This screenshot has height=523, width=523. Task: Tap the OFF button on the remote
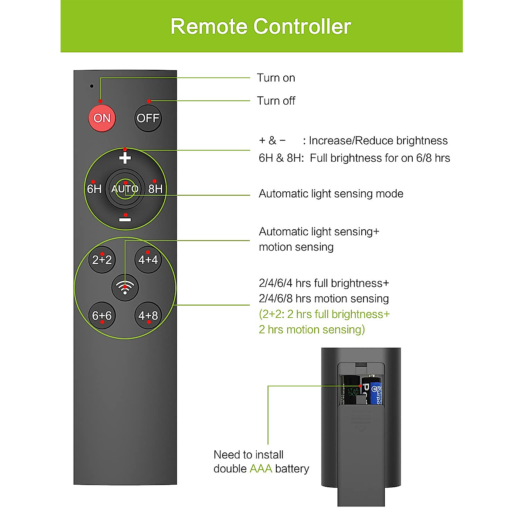[148, 118]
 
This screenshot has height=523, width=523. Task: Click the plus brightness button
[125, 158]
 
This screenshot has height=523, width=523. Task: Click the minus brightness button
[125, 220]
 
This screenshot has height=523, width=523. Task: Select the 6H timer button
[94, 189]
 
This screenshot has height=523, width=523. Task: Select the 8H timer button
[155, 189]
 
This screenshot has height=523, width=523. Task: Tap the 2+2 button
[102, 260]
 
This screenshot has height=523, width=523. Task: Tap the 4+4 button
[148, 260]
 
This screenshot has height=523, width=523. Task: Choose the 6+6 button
[102, 316]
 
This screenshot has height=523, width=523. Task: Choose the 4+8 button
[148, 316]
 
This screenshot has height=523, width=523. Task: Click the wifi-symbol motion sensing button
[125, 288]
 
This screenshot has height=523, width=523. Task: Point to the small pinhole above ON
[92, 86]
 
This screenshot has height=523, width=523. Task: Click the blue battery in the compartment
[374, 391]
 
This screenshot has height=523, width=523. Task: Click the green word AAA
[261, 469]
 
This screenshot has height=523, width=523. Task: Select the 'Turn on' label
[276, 78]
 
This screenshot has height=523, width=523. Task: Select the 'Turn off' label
[276, 101]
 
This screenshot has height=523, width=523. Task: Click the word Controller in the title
[302, 27]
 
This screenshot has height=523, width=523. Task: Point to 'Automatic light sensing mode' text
[331, 194]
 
